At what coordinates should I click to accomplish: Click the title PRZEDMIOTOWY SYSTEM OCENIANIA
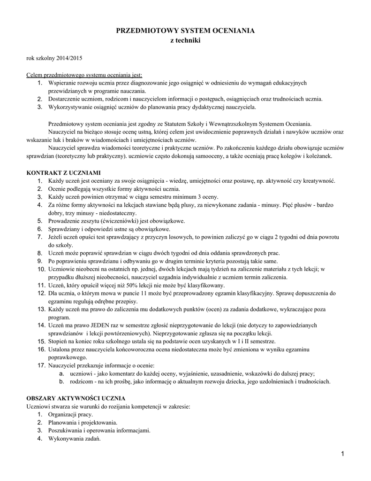pos(185,31)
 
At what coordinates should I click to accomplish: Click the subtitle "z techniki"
pos(185,41)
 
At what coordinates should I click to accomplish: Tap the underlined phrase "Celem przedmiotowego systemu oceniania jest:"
pos(84,75)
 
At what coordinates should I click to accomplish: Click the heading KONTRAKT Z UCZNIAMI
pos(63,172)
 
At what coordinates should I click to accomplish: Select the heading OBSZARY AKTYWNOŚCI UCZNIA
pos(75,397)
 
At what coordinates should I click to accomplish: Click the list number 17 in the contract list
pos(41,365)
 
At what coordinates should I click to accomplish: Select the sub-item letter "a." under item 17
pos(61,373)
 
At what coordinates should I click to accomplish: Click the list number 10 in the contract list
pos(41,269)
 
